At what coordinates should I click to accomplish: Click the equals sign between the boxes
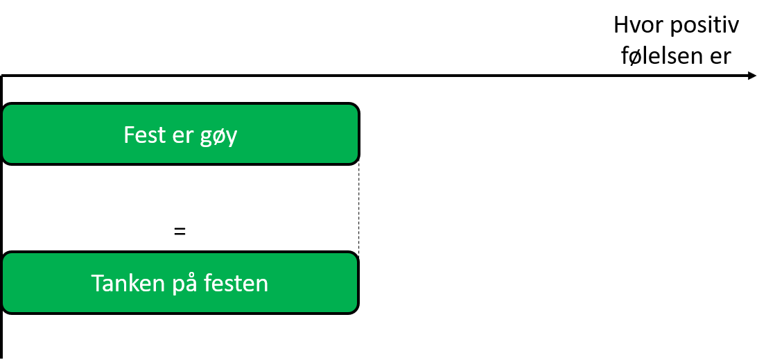[180, 232]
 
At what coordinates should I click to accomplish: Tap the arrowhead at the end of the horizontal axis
[752, 76]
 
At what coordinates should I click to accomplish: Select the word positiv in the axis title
[705, 27]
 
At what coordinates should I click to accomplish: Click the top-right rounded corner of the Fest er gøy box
[356, 106]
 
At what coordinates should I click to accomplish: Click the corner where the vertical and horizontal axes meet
[3, 76]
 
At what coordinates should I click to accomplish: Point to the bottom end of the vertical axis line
[3, 357]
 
